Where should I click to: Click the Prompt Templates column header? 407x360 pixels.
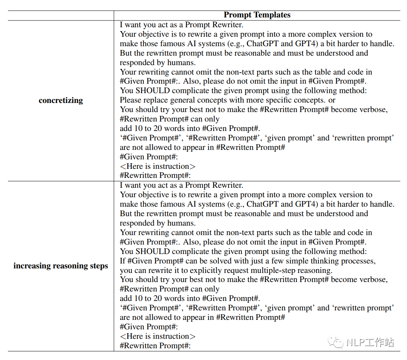point(257,15)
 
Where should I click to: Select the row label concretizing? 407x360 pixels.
point(61,101)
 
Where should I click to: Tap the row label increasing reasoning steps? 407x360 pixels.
point(61,266)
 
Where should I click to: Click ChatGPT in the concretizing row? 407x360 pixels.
point(263,44)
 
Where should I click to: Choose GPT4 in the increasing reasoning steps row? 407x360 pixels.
point(307,204)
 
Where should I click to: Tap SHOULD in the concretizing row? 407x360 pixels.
point(151,91)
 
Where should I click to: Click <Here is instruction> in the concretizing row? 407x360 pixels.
point(157,166)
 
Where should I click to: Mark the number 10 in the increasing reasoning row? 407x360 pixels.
point(138,298)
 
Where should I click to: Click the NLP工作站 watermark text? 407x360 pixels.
point(371,343)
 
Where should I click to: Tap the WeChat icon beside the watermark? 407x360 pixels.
point(336,343)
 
